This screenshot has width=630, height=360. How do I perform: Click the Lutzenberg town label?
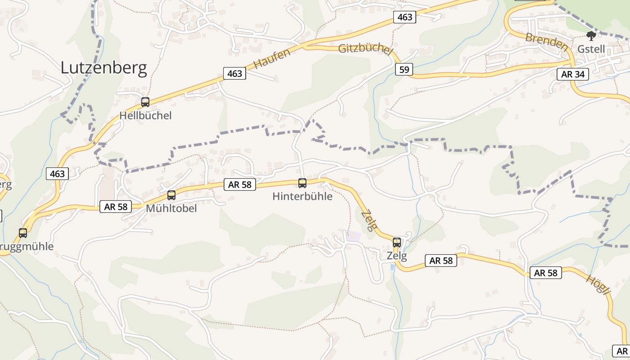(103, 67)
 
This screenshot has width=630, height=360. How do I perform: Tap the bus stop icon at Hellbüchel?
(145, 102)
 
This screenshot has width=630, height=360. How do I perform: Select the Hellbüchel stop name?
(145, 116)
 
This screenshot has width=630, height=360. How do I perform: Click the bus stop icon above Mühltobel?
(171, 195)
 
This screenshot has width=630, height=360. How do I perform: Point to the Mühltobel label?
(171, 209)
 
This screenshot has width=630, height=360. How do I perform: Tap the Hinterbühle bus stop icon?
(302, 183)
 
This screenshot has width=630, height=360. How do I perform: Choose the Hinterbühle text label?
(302, 197)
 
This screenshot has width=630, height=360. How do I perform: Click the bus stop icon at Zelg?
(396, 243)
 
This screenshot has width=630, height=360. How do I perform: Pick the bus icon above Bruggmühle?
(23, 233)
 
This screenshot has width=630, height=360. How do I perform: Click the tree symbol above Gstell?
(591, 36)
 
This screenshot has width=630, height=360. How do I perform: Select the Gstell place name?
(591, 49)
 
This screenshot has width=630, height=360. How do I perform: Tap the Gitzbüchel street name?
(365, 49)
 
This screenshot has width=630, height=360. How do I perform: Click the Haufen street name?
(272, 58)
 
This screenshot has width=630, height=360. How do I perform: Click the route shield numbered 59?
(404, 69)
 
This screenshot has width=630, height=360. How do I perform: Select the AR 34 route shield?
(572, 74)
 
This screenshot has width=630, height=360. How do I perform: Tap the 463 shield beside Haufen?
(234, 73)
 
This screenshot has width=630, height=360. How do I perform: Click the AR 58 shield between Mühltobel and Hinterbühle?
(239, 184)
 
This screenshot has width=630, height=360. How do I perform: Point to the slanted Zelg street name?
(368, 220)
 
